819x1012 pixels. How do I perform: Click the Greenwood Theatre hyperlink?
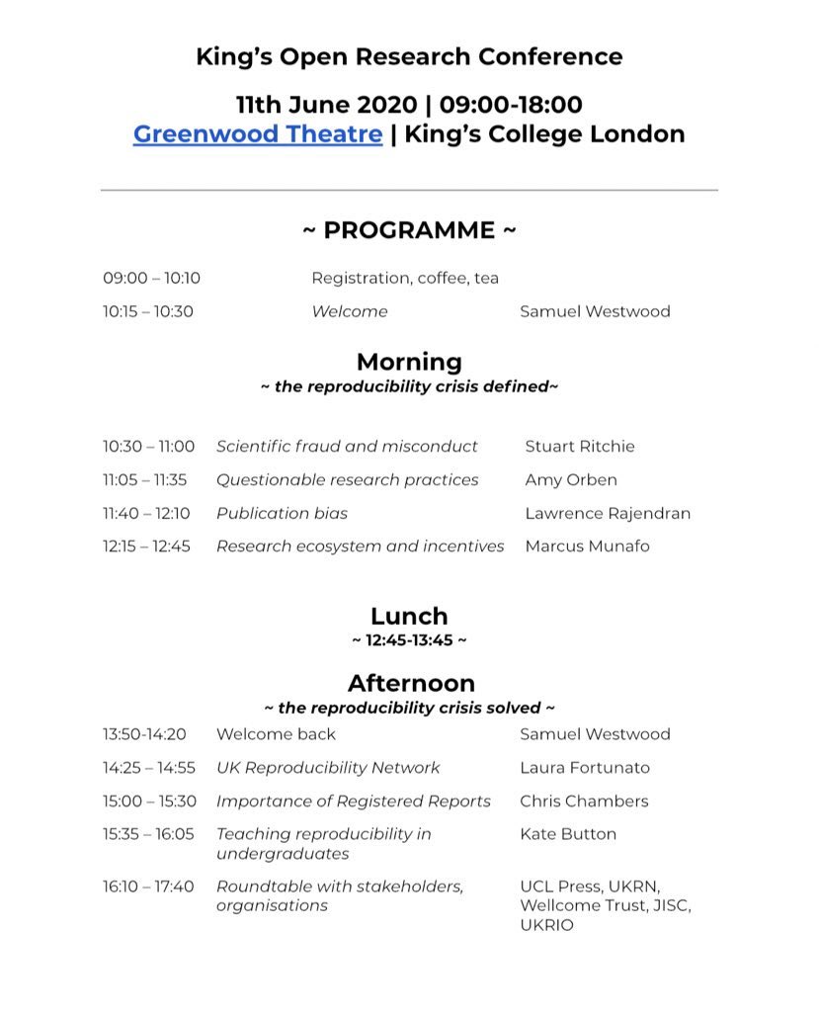coord(258,133)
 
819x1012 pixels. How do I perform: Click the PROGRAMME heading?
coord(409,230)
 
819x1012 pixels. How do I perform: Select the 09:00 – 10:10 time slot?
coord(151,279)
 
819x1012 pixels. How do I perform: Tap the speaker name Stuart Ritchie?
coord(580,447)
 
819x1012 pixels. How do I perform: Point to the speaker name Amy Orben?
coord(572,479)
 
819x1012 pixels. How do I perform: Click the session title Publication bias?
coord(282,513)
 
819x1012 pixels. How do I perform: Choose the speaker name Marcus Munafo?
coord(588,547)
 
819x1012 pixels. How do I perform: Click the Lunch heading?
coord(409,618)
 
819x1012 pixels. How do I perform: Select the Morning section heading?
coord(409,362)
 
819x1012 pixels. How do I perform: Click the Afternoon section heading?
coord(410,683)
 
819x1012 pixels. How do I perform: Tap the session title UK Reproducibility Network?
coord(328,768)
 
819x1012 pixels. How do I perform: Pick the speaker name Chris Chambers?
coord(584,801)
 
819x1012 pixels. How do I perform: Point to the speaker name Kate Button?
coord(568,834)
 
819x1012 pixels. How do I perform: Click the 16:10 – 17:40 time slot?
coord(148,886)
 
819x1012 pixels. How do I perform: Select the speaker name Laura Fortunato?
coord(585,768)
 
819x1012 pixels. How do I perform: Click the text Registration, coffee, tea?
coord(405,279)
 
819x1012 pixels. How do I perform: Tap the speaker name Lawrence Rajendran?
coord(608,513)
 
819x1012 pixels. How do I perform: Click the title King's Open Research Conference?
coord(409,56)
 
